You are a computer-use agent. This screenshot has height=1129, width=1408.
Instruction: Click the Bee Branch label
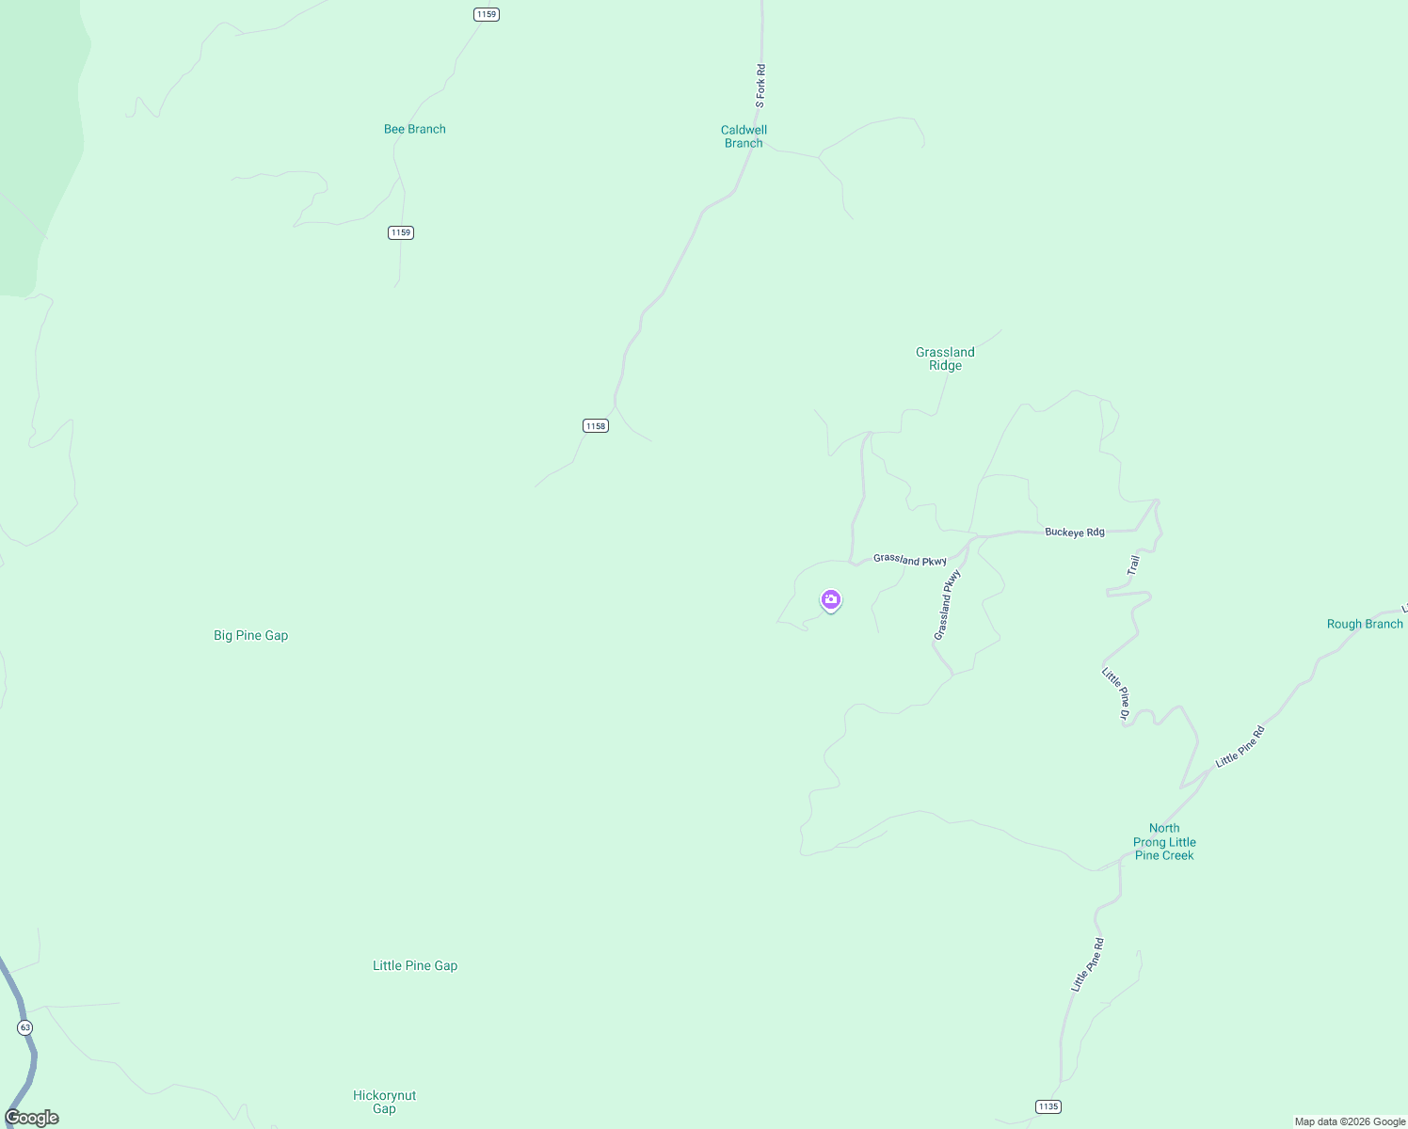tap(414, 129)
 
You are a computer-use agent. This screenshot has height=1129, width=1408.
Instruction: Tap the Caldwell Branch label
tap(744, 136)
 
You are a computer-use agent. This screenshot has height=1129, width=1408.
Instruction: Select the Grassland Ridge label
tap(945, 358)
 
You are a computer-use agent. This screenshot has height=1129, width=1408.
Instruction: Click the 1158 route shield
tap(595, 426)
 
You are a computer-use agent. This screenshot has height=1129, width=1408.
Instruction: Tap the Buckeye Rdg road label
tap(1074, 533)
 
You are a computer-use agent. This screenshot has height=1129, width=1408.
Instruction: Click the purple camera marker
tap(830, 600)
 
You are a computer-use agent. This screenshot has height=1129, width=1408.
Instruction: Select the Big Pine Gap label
tap(250, 635)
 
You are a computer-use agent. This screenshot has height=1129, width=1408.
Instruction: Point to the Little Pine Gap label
tap(414, 965)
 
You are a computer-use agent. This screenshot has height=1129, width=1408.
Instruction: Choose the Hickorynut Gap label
tap(384, 1102)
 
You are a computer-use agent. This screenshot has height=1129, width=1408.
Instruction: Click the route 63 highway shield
tap(25, 1027)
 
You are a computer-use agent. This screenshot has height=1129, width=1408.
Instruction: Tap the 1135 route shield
tap(1048, 1106)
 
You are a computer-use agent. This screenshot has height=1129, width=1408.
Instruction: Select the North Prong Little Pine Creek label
tap(1164, 842)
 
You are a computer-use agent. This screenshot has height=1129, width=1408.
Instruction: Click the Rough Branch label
tap(1364, 624)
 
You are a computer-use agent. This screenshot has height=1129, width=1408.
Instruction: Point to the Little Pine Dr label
tap(1115, 693)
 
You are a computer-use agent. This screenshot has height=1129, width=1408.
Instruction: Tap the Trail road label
tap(1133, 565)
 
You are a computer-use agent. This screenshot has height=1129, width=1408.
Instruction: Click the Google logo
tap(32, 1118)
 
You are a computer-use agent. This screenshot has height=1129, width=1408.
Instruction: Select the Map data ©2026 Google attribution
tap(1350, 1121)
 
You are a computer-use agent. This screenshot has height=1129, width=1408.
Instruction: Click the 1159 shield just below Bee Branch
tap(401, 232)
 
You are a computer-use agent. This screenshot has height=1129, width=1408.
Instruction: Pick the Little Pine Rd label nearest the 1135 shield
tap(1087, 964)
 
